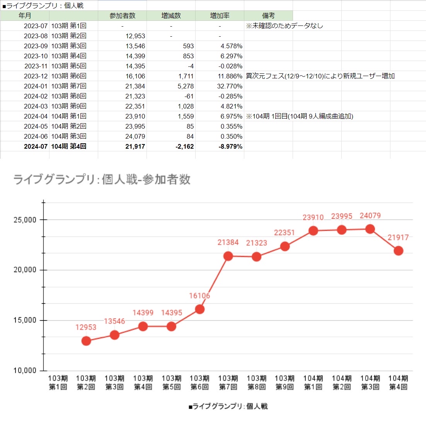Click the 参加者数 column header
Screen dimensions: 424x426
click(x=122, y=16)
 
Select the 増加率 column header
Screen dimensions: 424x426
click(x=220, y=16)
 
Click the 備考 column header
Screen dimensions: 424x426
click(x=268, y=16)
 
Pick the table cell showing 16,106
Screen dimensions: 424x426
click(x=135, y=76)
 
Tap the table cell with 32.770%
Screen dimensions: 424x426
click(x=230, y=86)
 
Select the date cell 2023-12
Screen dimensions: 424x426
click(x=36, y=76)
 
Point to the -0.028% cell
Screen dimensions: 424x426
click(x=230, y=66)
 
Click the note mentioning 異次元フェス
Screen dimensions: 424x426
click(x=320, y=76)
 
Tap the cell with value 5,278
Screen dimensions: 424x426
click(x=186, y=86)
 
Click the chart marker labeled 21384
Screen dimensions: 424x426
click(x=228, y=256)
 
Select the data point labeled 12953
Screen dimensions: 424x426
click(x=86, y=341)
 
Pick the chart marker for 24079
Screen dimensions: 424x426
click(x=370, y=229)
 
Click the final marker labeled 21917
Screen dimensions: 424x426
click(x=398, y=251)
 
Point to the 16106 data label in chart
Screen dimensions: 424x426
click(x=199, y=296)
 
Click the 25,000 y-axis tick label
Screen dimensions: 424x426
click(x=25, y=220)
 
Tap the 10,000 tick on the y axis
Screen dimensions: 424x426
click(x=25, y=370)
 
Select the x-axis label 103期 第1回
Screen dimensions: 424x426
click(x=58, y=382)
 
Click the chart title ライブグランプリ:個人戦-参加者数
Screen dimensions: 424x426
click(x=102, y=180)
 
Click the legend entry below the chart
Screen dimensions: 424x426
click(x=228, y=406)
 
